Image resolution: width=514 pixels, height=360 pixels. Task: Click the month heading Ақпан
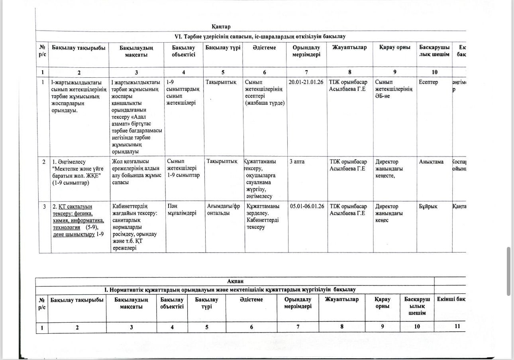pyautogui.click(x=235, y=281)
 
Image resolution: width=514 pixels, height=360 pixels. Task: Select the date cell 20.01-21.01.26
pyautogui.click(x=306, y=82)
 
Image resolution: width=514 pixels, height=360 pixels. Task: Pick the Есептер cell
pyautogui.click(x=428, y=82)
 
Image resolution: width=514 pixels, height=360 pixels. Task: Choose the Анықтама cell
pyautogui.click(x=431, y=162)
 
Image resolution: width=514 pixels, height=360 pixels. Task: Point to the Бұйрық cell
pyautogui.click(x=428, y=206)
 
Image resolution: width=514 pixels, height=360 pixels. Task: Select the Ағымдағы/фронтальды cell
pyautogui.click(x=223, y=209)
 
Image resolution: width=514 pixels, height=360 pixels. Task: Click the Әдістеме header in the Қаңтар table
pyautogui.click(x=264, y=48)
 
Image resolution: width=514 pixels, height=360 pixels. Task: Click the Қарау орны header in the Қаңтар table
pyautogui.click(x=394, y=48)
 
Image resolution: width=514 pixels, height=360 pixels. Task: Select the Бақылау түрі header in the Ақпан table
pyautogui.click(x=206, y=303)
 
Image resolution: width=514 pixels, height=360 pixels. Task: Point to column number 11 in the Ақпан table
pyautogui.click(x=457, y=327)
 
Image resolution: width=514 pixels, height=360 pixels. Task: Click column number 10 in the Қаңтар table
pyautogui.click(x=434, y=72)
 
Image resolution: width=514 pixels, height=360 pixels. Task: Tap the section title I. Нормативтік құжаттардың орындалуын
pyautogui.click(x=230, y=290)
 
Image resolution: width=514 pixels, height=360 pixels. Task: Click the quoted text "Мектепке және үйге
pyautogui.click(x=78, y=169)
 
